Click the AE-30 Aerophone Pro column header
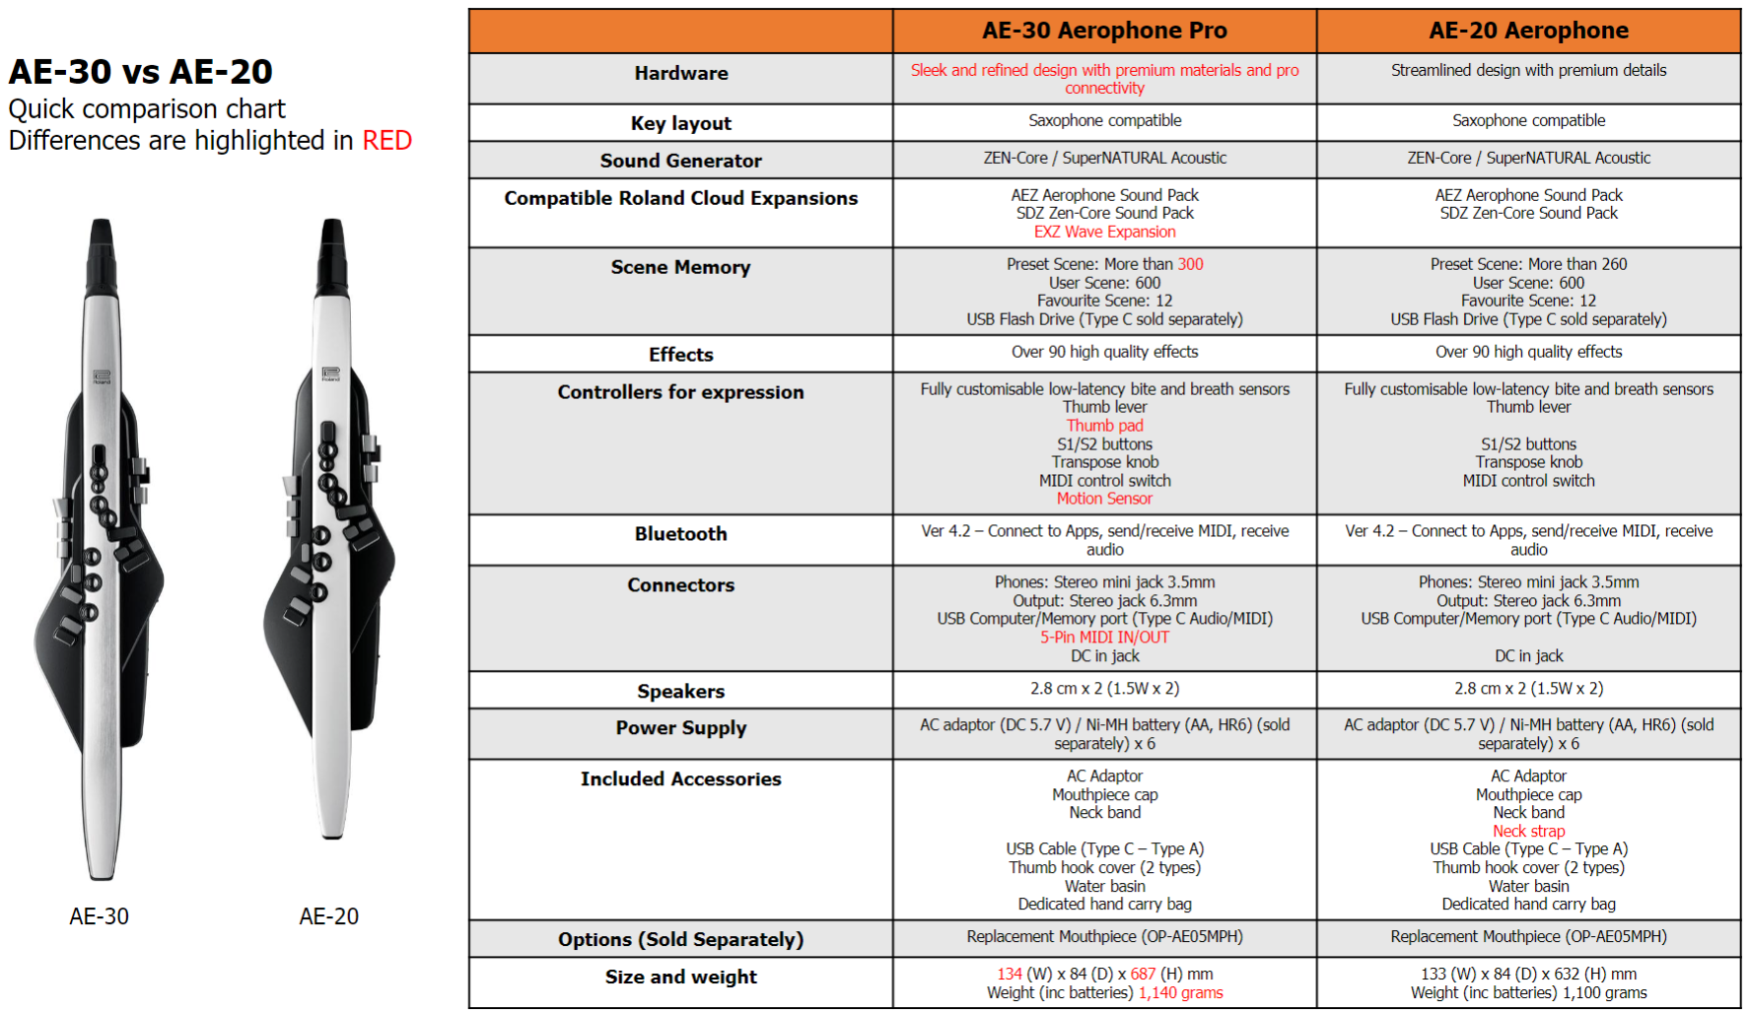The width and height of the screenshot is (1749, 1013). click(x=1104, y=31)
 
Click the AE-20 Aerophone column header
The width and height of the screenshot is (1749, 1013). click(x=1528, y=31)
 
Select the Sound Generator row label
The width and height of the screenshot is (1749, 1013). click(x=680, y=161)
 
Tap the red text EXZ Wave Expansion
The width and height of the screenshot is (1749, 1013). click(x=1104, y=232)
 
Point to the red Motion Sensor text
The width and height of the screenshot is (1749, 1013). click(x=1104, y=499)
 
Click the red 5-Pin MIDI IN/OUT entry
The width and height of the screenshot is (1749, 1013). click(x=1104, y=638)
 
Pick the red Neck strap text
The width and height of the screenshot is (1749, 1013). click(x=1528, y=831)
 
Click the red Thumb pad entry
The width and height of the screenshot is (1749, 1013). click(x=1104, y=426)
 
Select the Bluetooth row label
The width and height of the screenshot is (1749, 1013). click(x=680, y=534)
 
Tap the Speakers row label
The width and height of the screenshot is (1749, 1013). click(x=680, y=692)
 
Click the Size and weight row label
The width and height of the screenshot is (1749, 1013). click(x=680, y=977)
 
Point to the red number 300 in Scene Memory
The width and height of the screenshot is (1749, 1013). click(x=1190, y=264)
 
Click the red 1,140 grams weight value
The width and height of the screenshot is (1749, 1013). click(x=1180, y=992)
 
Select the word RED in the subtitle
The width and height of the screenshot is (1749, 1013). click(x=386, y=141)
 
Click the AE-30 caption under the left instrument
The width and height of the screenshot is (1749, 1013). click(x=99, y=916)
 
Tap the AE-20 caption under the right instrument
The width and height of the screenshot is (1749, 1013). click(x=328, y=916)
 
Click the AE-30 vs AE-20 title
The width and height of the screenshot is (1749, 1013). click(x=140, y=72)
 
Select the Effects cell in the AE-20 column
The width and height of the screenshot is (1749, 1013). click(x=1528, y=352)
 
